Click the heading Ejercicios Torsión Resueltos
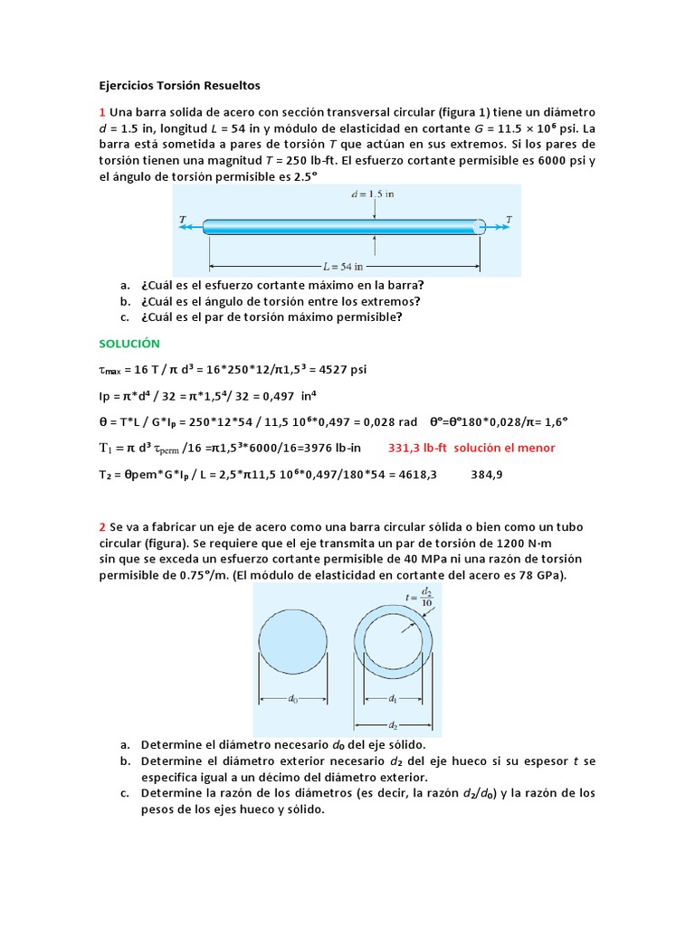pyautogui.click(x=178, y=86)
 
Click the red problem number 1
pyautogui.click(x=102, y=112)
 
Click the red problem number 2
pyautogui.click(x=102, y=526)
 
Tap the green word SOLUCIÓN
pyautogui.click(x=129, y=344)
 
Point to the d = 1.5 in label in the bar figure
pyautogui.click(x=375, y=194)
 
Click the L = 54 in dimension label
pyautogui.click(x=344, y=267)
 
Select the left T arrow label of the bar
pyautogui.click(x=184, y=220)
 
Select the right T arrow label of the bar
pyautogui.click(x=509, y=220)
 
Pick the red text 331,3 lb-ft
pyautogui.click(x=418, y=448)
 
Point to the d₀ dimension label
pyautogui.click(x=295, y=698)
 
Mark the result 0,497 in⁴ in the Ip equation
pyautogui.click(x=288, y=396)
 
